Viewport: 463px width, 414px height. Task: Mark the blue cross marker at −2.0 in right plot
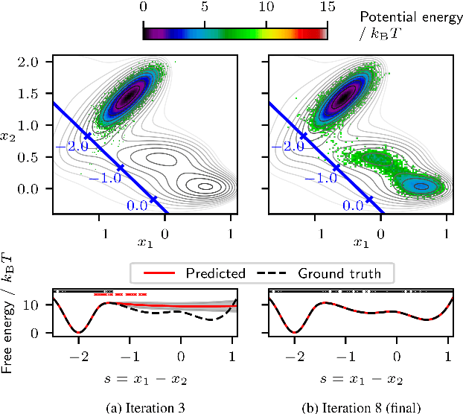point(302,136)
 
